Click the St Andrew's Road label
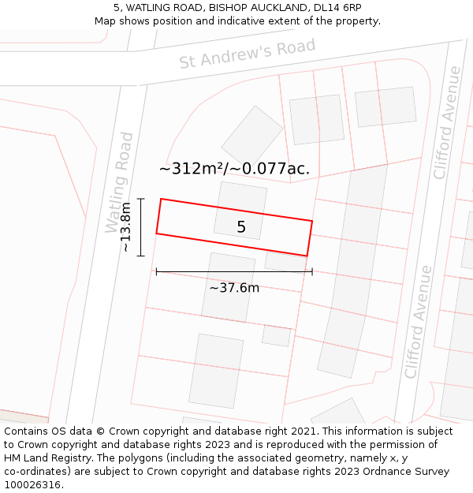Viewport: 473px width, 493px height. (x=247, y=53)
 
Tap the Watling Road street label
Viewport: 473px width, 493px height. (x=119, y=182)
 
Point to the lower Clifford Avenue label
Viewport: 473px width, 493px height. (x=418, y=322)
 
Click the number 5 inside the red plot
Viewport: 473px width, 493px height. (x=241, y=227)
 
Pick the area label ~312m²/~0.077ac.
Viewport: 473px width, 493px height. (x=234, y=168)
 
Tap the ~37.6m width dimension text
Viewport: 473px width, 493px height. (x=234, y=288)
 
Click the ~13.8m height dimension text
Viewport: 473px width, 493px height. (x=125, y=227)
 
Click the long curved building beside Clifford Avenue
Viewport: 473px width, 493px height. (x=353, y=268)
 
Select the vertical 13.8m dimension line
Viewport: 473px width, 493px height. (x=140, y=227)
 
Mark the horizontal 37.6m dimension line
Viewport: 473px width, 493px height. (x=234, y=271)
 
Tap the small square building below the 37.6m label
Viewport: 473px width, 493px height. (x=276, y=335)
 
